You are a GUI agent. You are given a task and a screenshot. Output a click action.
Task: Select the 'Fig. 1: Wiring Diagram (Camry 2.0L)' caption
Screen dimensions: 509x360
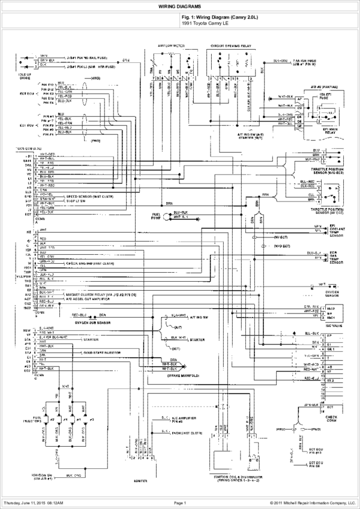pos(220,17)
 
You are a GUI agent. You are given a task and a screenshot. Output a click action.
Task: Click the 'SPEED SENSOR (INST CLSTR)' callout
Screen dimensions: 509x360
pos(91,196)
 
